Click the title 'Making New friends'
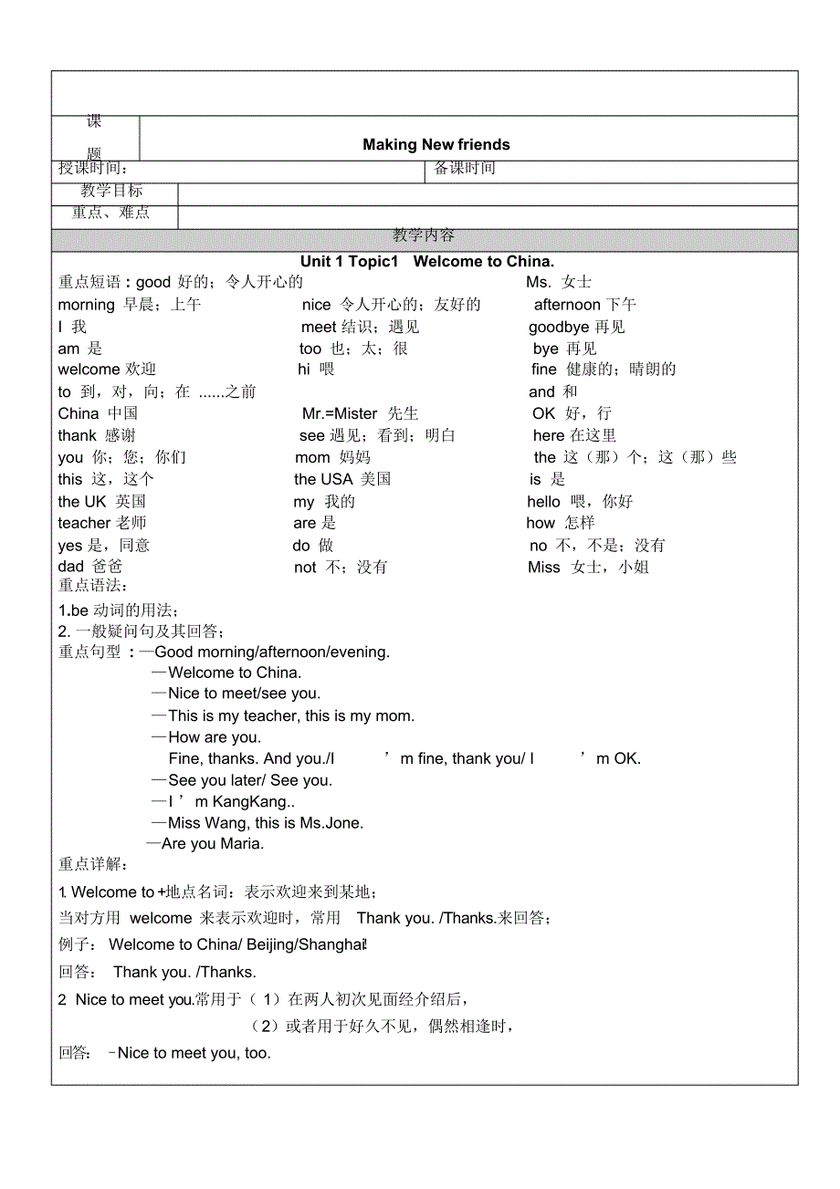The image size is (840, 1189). pyautogui.click(x=436, y=144)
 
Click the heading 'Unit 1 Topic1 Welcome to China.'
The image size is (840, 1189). pyautogui.click(x=427, y=262)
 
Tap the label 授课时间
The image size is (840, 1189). pyautogui.click(x=93, y=168)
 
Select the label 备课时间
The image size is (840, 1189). pyautogui.click(x=465, y=168)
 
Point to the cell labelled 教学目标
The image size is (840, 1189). pyautogui.click(x=111, y=191)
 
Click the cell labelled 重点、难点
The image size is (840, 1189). pyautogui.click(x=111, y=213)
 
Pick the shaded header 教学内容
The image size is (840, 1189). pyautogui.click(x=424, y=235)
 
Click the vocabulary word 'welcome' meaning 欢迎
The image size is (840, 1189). pyautogui.click(x=89, y=370)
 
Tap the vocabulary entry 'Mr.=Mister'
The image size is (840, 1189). pyautogui.click(x=340, y=413)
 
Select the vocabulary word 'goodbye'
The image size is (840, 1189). pyautogui.click(x=559, y=327)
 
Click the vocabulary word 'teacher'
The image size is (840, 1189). pyautogui.click(x=84, y=523)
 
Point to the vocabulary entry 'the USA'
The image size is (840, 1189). pyautogui.click(x=323, y=479)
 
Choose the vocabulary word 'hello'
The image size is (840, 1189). pyautogui.click(x=543, y=501)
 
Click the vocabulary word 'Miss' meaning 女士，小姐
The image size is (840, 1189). pyautogui.click(x=544, y=568)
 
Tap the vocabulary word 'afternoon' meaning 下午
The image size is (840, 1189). pyautogui.click(x=567, y=305)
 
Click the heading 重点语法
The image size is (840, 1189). pyautogui.click(x=93, y=586)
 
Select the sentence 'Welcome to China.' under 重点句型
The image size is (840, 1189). pyautogui.click(x=235, y=673)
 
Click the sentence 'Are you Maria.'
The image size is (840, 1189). pyautogui.click(x=213, y=844)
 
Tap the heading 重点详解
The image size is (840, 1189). pyautogui.click(x=93, y=865)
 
